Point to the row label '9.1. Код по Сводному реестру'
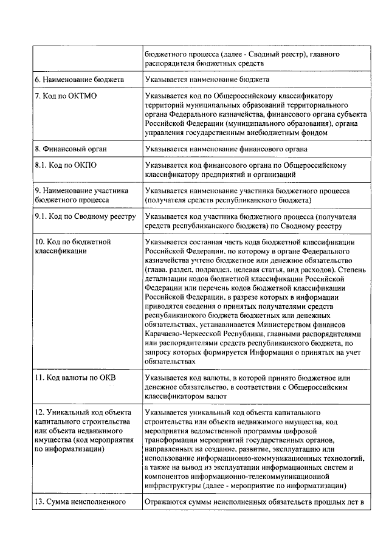(84, 217)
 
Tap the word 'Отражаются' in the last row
(166, 502)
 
